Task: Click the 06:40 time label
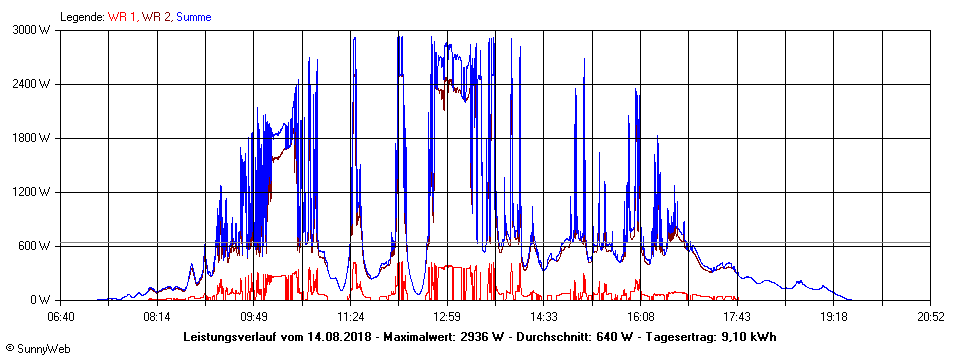tap(60, 316)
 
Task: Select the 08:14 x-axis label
tap(157, 316)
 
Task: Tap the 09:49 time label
tap(254, 316)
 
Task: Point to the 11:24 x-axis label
tap(350, 316)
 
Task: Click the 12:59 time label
tap(447, 316)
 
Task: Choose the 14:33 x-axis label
tap(544, 316)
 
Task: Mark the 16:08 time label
tap(640, 316)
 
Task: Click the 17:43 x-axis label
tap(737, 316)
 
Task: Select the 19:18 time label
tap(834, 316)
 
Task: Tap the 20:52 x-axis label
tap(930, 316)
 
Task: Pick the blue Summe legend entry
tap(193, 17)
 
